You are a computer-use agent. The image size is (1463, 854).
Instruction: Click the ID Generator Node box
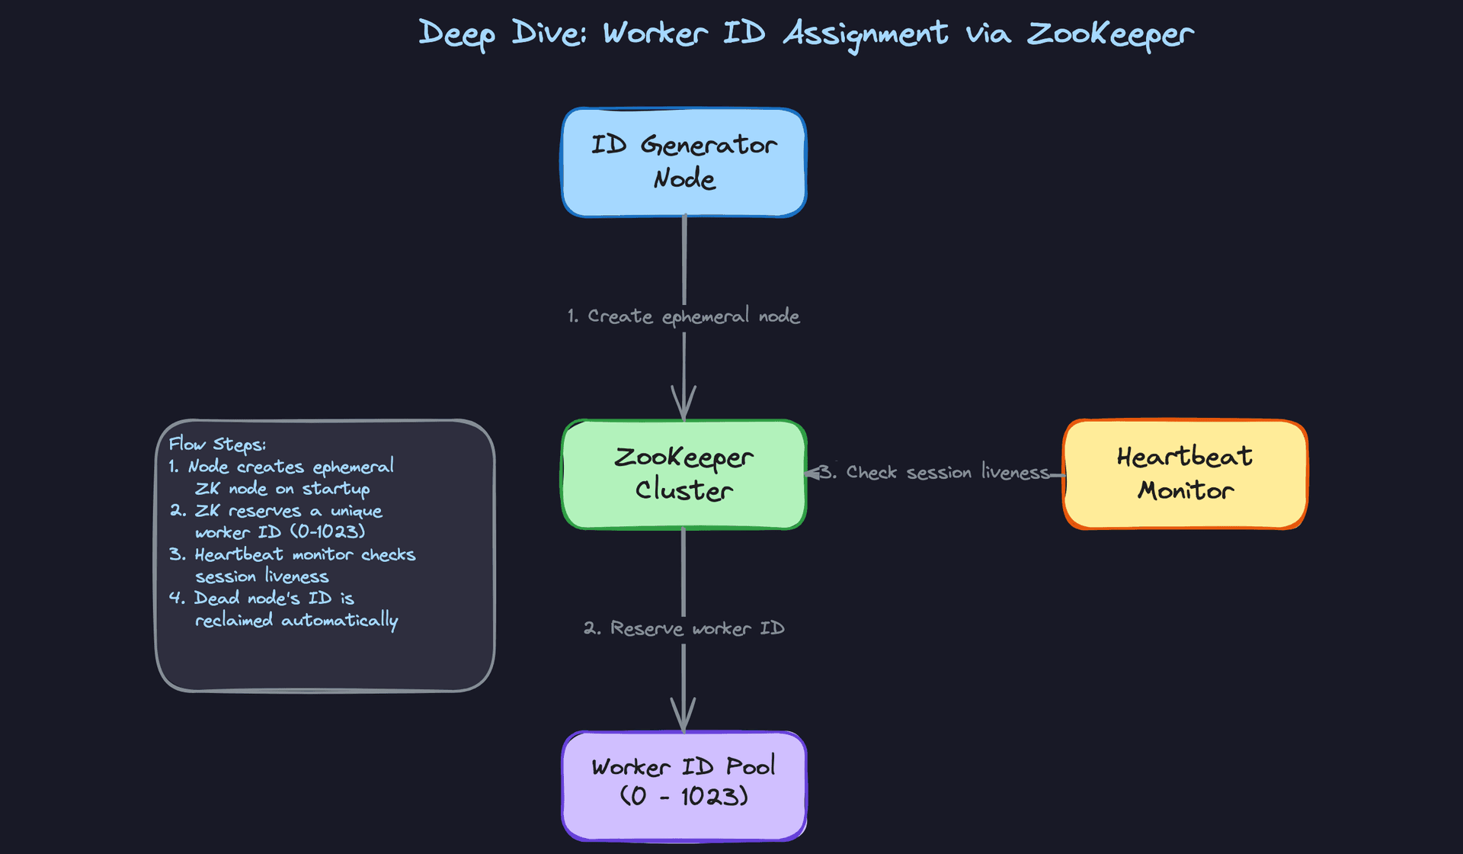pyautogui.click(x=683, y=162)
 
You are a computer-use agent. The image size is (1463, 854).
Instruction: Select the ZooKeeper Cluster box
pyautogui.click(x=683, y=474)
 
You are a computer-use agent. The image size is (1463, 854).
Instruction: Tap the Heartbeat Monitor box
pyautogui.click(x=1185, y=474)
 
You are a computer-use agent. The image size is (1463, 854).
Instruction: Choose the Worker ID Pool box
pyautogui.click(x=683, y=785)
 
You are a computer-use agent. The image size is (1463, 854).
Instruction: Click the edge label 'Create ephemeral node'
pyautogui.click(x=683, y=316)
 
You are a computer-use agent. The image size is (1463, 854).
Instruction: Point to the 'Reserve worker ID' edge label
pyautogui.click(x=683, y=628)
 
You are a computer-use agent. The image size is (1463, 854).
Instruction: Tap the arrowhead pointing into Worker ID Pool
pyautogui.click(x=683, y=715)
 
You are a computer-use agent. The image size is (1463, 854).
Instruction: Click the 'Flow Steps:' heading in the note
pyautogui.click(x=217, y=444)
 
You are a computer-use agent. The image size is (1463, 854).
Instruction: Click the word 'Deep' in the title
pyautogui.click(x=456, y=34)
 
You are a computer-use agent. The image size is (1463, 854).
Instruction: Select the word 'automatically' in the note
pyautogui.click(x=340, y=620)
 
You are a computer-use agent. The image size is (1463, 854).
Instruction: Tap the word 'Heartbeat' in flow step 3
pyautogui.click(x=238, y=554)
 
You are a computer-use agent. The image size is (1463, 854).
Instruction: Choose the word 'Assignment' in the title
pyautogui.click(x=866, y=34)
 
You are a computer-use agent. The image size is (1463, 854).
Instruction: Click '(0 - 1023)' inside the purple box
pyautogui.click(x=683, y=797)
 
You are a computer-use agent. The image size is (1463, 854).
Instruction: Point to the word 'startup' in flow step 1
pyautogui.click(x=336, y=488)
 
